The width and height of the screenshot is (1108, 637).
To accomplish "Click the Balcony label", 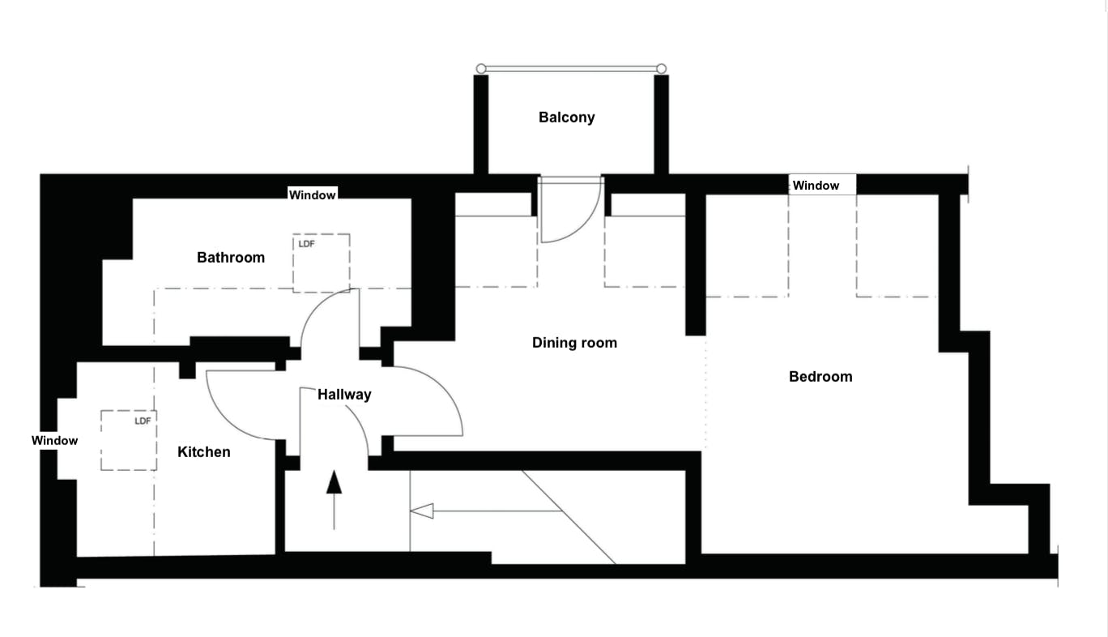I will [566, 118].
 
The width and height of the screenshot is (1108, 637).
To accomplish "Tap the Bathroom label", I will [231, 258].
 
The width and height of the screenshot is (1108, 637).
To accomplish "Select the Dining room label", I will [574, 343].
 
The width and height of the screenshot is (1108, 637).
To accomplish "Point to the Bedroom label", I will [820, 377].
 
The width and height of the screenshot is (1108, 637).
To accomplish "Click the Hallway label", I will [344, 395].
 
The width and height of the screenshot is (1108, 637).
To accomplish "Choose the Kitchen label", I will [204, 452].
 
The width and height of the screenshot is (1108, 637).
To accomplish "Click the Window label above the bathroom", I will [313, 195].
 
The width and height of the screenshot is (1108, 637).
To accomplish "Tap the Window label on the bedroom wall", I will [816, 186].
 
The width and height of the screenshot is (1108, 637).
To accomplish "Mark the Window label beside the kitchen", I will [54, 441].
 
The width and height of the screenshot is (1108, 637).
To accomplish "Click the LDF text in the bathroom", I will [306, 244].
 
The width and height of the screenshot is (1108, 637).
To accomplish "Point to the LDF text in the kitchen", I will [143, 421].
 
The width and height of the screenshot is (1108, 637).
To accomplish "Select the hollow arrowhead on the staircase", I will [422, 511].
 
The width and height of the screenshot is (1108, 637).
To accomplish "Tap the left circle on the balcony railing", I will [481, 69].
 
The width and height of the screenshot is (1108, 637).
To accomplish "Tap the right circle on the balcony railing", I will [662, 69].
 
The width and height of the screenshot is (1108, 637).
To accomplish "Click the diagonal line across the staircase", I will [567, 516].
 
